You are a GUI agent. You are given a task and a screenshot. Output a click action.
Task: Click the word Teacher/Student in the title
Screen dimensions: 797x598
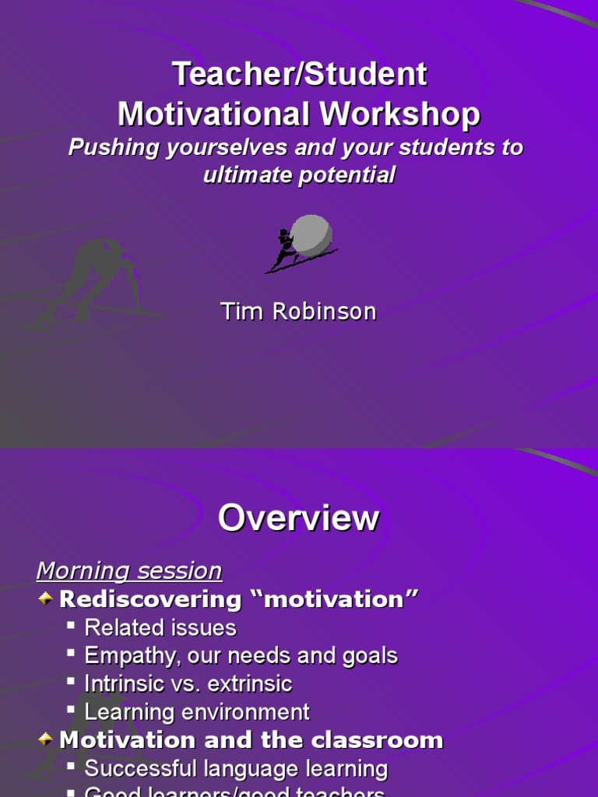(299, 75)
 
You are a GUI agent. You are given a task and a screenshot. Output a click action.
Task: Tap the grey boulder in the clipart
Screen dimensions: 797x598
(311, 233)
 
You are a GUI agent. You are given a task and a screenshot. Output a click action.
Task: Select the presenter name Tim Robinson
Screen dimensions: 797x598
(299, 311)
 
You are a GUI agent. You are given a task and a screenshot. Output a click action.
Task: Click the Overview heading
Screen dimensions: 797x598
(299, 518)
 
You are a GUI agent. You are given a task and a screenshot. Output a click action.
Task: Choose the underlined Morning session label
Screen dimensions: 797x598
(129, 571)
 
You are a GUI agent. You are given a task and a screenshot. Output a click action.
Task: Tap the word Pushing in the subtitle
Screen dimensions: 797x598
(104, 147)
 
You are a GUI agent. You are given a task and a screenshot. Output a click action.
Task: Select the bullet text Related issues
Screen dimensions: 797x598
(160, 627)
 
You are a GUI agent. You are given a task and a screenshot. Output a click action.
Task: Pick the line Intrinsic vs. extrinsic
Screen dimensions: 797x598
(188, 684)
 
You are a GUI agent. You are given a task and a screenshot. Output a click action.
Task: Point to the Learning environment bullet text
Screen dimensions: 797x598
(197, 712)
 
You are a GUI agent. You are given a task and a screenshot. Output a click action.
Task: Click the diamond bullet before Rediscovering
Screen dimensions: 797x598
(46, 599)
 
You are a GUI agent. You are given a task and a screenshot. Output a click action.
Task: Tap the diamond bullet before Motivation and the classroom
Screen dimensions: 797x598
(46, 739)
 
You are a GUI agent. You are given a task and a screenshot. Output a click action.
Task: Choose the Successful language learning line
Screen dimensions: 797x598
(236, 769)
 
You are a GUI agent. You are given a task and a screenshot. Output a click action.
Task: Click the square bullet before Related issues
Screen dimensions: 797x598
(72, 627)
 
